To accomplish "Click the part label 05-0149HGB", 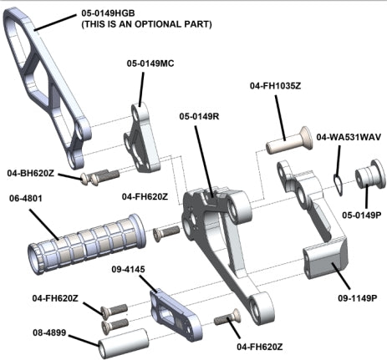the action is (108, 13).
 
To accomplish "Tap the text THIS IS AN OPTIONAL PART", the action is (146, 24).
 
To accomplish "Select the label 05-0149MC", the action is (150, 63).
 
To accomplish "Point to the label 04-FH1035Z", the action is (275, 86).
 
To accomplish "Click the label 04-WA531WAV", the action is (349, 137).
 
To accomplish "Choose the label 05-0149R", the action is (199, 116).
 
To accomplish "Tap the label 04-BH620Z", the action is (31, 173).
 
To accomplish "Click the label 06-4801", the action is (26, 199).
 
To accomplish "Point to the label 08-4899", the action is (49, 332).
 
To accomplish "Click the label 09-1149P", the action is (358, 298).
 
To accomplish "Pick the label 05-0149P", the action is (362, 215).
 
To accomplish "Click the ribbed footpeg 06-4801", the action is (87, 244).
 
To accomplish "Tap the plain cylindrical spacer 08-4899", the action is (123, 343).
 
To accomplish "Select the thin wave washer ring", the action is (338, 185).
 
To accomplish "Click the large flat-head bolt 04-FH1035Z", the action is (289, 141).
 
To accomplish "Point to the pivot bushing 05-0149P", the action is (370, 175).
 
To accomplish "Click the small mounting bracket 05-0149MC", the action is (142, 138).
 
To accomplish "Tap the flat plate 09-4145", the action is (176, 313).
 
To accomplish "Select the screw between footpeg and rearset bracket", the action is (166, 233).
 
